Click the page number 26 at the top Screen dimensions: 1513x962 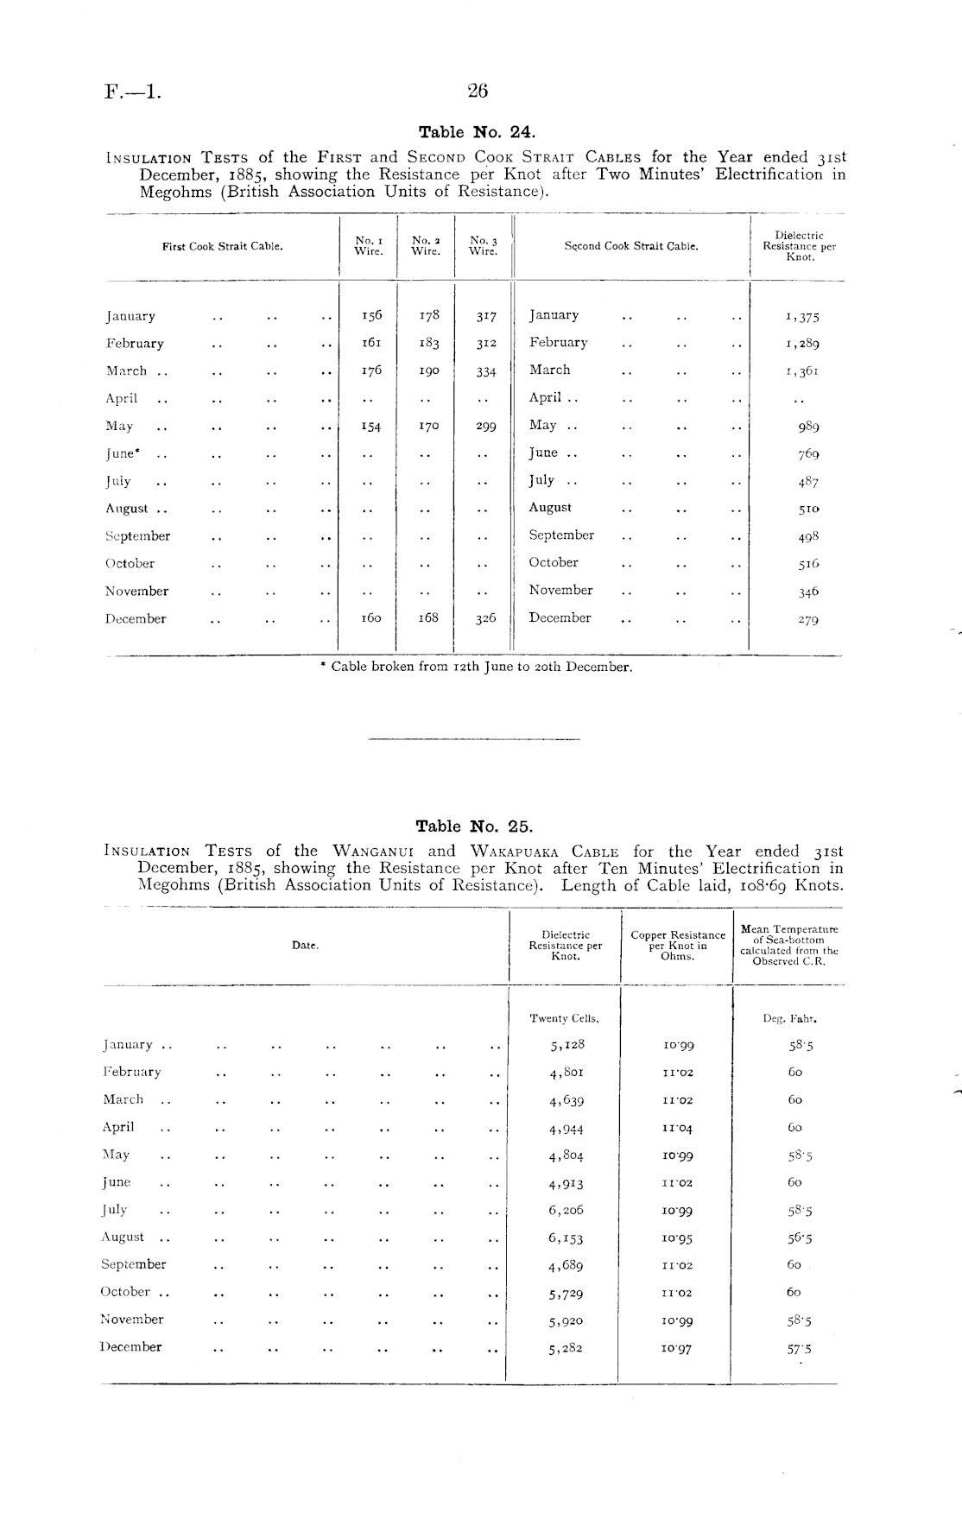tap(478, 91)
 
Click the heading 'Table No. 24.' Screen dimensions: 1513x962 tap(477, 132)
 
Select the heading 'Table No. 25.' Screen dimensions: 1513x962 tap(475, 826)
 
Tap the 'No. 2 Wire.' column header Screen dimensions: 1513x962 tap(426, 245)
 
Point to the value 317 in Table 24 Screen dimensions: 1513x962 tap(486, 316)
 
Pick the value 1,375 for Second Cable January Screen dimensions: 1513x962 tap(802, 317)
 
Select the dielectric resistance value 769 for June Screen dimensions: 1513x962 tap(808, 454)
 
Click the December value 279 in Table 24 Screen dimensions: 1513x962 tap(808, 619)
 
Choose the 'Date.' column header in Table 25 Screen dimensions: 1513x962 tap(305, 946)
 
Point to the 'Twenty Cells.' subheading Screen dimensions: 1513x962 tap(565, 1018)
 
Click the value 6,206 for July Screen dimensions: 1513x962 tap(566, 1211)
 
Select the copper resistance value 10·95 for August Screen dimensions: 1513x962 tap(678, 1238)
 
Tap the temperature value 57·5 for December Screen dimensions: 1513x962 tap(800, 1348)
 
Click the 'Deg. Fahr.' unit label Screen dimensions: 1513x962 tap(790, 1018)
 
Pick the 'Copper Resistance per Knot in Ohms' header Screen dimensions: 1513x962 tap(678, 946)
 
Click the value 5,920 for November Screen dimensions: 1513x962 tap(566, 1321)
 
